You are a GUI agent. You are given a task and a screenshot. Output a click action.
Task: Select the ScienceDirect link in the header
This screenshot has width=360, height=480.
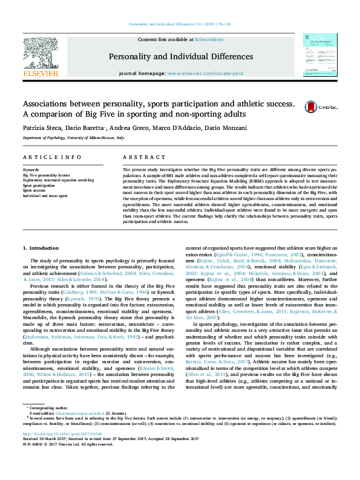pyautogui.click(x=209, y=40)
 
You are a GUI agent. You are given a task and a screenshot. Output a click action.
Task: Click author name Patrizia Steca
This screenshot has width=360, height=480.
pyautogui.click(x=41, y=128)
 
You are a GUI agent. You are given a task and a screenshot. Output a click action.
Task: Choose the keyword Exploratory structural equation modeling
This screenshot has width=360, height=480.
pyautogui.click(x=58, y=180)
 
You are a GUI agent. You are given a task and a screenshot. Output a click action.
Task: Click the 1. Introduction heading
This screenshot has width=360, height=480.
pyautogui.click(x=41, y=248)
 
